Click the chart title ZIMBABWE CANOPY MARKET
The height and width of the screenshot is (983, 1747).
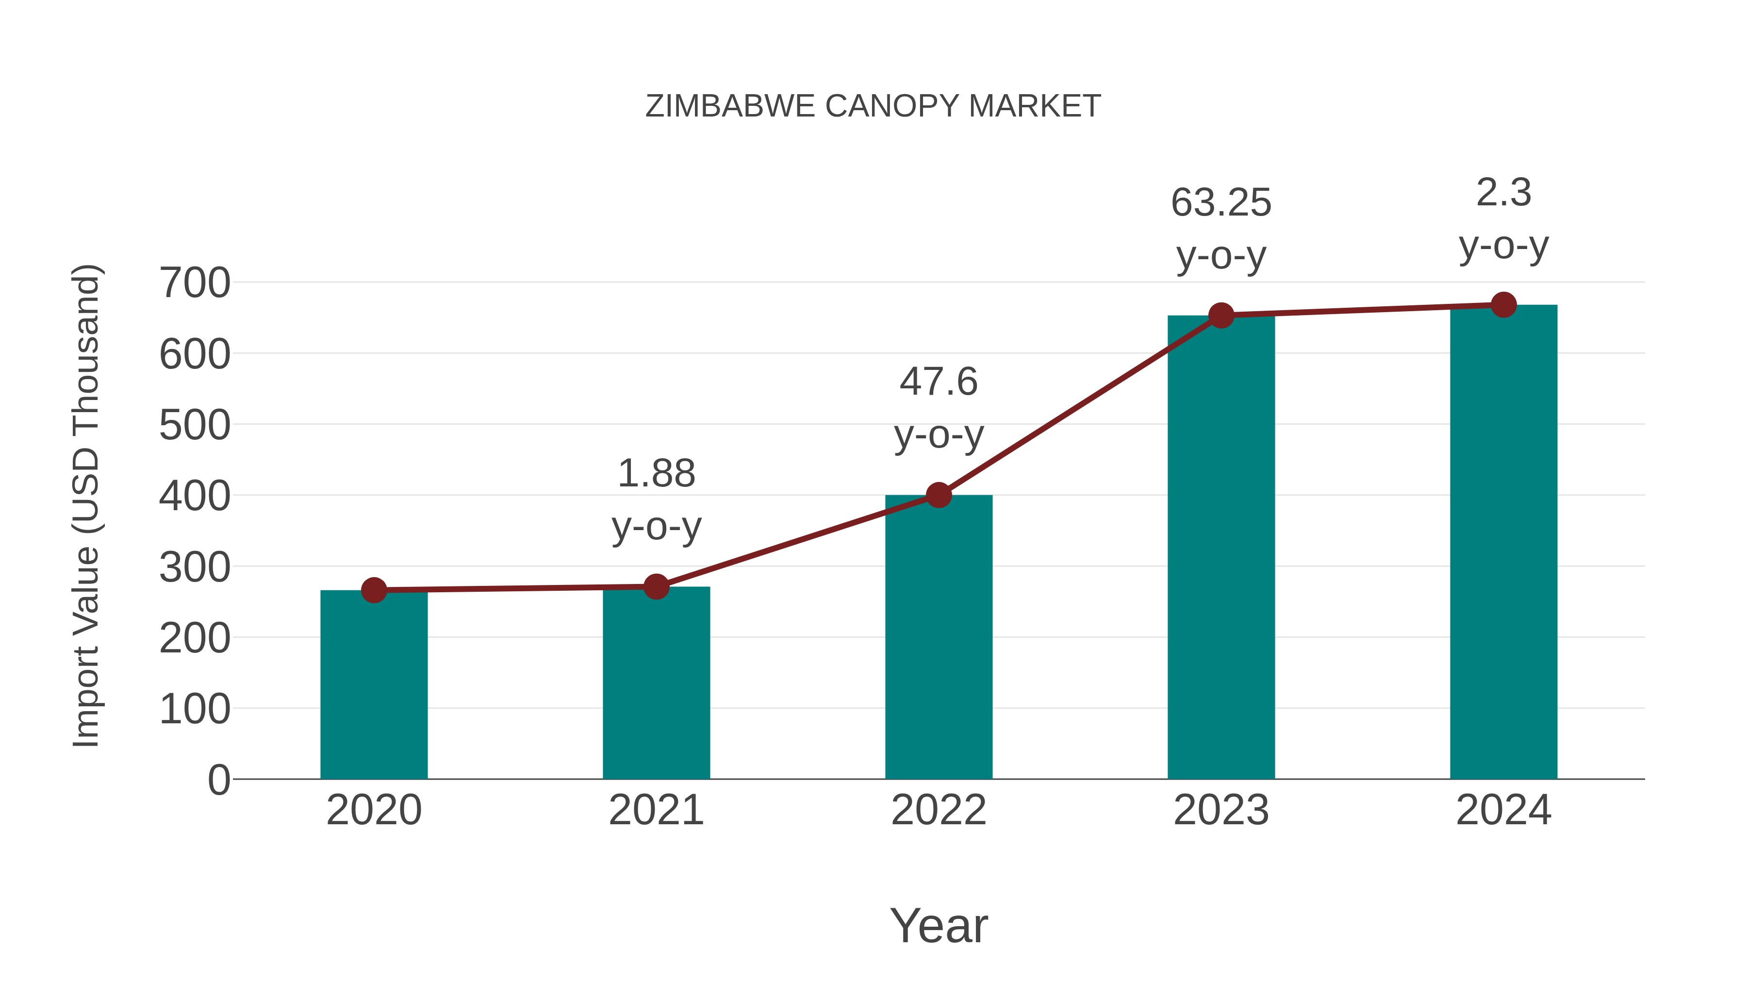tap(873, 106)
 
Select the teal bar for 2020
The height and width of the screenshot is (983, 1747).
tap(374, 685)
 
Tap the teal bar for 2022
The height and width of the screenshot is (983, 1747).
tap(939, 638)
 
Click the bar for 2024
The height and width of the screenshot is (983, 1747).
tap(1503, 543)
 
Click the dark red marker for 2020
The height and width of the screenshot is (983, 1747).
tap(374, 590)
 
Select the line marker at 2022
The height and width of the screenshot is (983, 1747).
tap(939, 495)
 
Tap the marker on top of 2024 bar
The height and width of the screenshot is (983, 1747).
tap(1503, 304)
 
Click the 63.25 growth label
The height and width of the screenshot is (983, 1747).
tap(1221, 203)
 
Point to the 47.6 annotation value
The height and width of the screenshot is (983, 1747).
tap(939, 382)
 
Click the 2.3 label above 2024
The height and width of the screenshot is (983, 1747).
tap(1503, 193)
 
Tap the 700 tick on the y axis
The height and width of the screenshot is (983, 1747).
tap(195, 283)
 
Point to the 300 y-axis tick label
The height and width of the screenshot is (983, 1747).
tap(195, 567)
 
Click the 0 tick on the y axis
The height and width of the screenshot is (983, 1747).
tap(218, 780)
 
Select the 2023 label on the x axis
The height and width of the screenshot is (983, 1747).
tap(1221, 810)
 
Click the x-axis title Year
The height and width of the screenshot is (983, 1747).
tap(939, 925)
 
